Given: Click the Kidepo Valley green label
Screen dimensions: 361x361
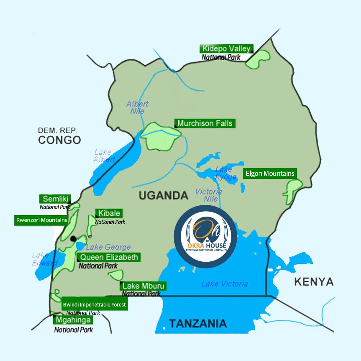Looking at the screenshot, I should pyautogui.click(x=226, y=48).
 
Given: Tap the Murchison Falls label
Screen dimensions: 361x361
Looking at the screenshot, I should pyautogui.click(x=205, y=123).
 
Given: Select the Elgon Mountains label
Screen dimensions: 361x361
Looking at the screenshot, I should pyautogui.click(x=270, y=173).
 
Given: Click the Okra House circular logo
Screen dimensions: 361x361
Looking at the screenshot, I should pyautogui.click(x=205, y=236).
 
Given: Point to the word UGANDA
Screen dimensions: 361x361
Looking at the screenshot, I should pyautogui.click(x=163, y=195).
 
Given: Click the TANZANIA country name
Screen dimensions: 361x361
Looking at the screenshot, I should pyautogui.click(x=198, y=323).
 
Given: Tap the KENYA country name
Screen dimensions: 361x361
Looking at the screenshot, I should pyautogui.click(x=314, y=281).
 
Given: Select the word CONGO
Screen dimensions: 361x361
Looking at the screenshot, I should pyautogui.click(x=59, y=140).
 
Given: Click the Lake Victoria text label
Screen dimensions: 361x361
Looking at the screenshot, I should pyautogui.click(x=225, y=284).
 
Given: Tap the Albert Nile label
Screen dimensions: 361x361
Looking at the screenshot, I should pyautogui.click(x=137, y=107).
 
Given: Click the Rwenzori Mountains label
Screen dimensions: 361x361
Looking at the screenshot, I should pyautogui.click(x=41, y=220).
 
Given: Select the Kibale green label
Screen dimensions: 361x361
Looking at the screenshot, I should pyautogui.click(x=109, y=213).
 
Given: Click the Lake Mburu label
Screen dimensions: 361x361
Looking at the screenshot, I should pyautogui.click(x=143, y=286).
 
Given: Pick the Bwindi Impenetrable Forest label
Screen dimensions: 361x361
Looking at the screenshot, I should pyautogui.click(x=94, y=305).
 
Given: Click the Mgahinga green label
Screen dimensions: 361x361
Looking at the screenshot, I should pyautogui.click(x=73, y=320).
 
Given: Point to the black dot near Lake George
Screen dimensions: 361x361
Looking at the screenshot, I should pyautogui.click(x=73, y=239).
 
